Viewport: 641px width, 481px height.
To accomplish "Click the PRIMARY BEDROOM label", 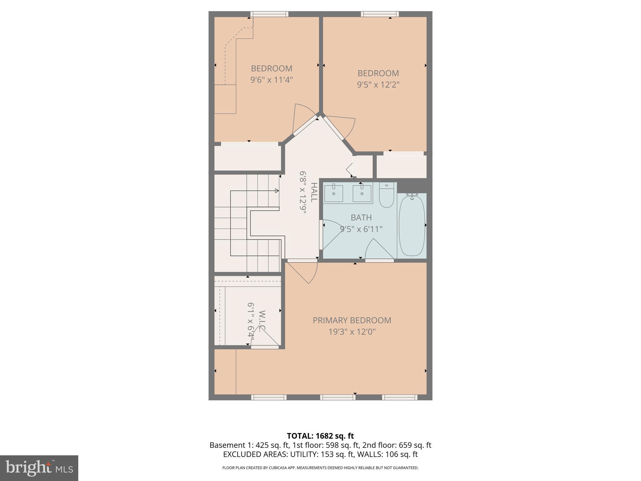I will tap(352, 320).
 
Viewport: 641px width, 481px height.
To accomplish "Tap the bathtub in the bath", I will tap(412, 225).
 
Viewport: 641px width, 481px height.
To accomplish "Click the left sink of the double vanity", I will tap(333, 194).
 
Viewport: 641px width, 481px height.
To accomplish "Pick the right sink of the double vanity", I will tap(362, 194).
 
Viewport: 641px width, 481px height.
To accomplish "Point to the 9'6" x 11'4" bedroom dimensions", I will tap(271, 80).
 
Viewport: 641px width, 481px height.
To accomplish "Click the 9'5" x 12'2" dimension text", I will tap(378, 85).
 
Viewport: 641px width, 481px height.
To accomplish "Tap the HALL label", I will tap(314, 192).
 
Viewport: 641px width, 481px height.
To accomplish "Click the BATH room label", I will tap(361, 217).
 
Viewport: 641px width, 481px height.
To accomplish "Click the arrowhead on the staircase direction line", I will tap(277, 191).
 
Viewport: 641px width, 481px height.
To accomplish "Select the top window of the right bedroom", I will tap(380, 14).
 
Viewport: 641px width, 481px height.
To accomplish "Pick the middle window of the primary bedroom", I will tap(337, 397).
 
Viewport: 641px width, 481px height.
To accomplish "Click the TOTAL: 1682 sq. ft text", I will tap(320, 436).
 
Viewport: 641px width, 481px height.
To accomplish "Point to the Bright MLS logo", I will tap(39, 468).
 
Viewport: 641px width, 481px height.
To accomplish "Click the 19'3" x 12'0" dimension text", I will tap(352, 332).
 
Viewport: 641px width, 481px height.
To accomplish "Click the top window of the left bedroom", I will tap(269, 14).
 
